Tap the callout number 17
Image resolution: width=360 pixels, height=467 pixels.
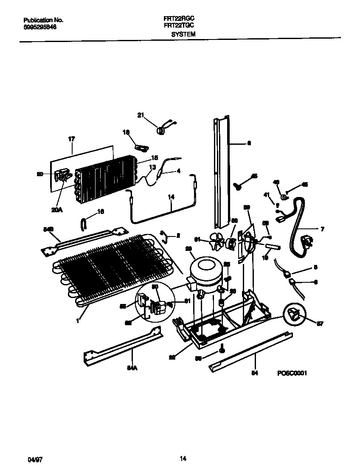[x=71, y=139]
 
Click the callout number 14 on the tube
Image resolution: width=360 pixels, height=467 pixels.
[x=171, y=197]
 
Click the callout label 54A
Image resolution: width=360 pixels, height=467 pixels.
[x=132, y=368]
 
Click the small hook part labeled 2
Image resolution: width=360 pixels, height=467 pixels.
[x=164, y=235]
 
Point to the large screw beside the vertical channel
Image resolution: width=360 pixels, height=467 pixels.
[x=238, y=185]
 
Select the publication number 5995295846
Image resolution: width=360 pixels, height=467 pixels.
[x=40, y=26]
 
